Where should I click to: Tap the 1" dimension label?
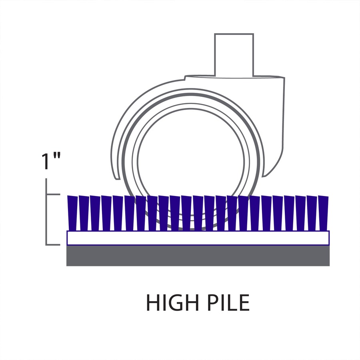tap(51, 161)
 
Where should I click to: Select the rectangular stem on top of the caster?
tap(234, 54)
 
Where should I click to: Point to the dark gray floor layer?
tap(198, 256)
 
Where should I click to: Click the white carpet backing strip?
tap(198, 238)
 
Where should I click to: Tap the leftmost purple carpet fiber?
tap(72, 213)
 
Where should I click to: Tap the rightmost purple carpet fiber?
tap(323, 213)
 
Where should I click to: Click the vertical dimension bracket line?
tap(47, 212)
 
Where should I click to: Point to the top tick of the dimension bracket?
tap(53, 195)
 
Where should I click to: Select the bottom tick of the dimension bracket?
tap(53, 244)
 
